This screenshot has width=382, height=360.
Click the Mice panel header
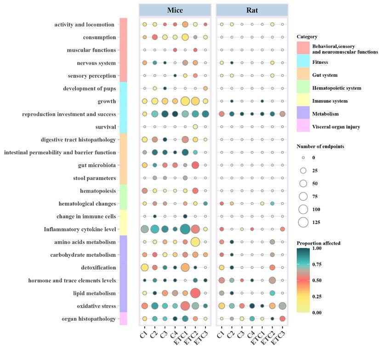point(175,10)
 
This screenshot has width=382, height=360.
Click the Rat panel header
point(252,10)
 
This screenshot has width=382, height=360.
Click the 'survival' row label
point(104,126)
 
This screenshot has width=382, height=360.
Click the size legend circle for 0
point(303,157)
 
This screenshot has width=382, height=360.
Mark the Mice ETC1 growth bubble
point(185,101)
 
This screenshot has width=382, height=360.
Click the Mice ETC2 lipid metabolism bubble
point(195,292)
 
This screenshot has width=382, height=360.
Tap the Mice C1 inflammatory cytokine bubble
point(144,229)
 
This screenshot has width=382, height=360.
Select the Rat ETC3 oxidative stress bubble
point(282,305)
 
